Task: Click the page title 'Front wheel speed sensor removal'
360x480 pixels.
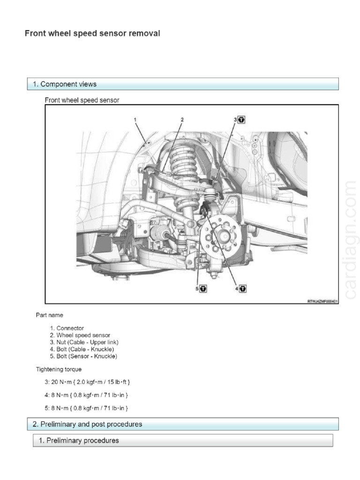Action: [x=92, y=33]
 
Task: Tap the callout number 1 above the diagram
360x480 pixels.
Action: [x=135, y=120]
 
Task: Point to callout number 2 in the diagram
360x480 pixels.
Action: [x=182, y=120]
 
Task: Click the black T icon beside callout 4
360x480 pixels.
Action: [x=242, y=289]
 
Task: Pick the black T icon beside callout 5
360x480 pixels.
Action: [x=203, y=289]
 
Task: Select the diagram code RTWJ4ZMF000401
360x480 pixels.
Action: [x=322, y=302]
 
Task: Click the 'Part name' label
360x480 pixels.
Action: [x=49, y=315]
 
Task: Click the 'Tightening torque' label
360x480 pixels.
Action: [x=59, y=369]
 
